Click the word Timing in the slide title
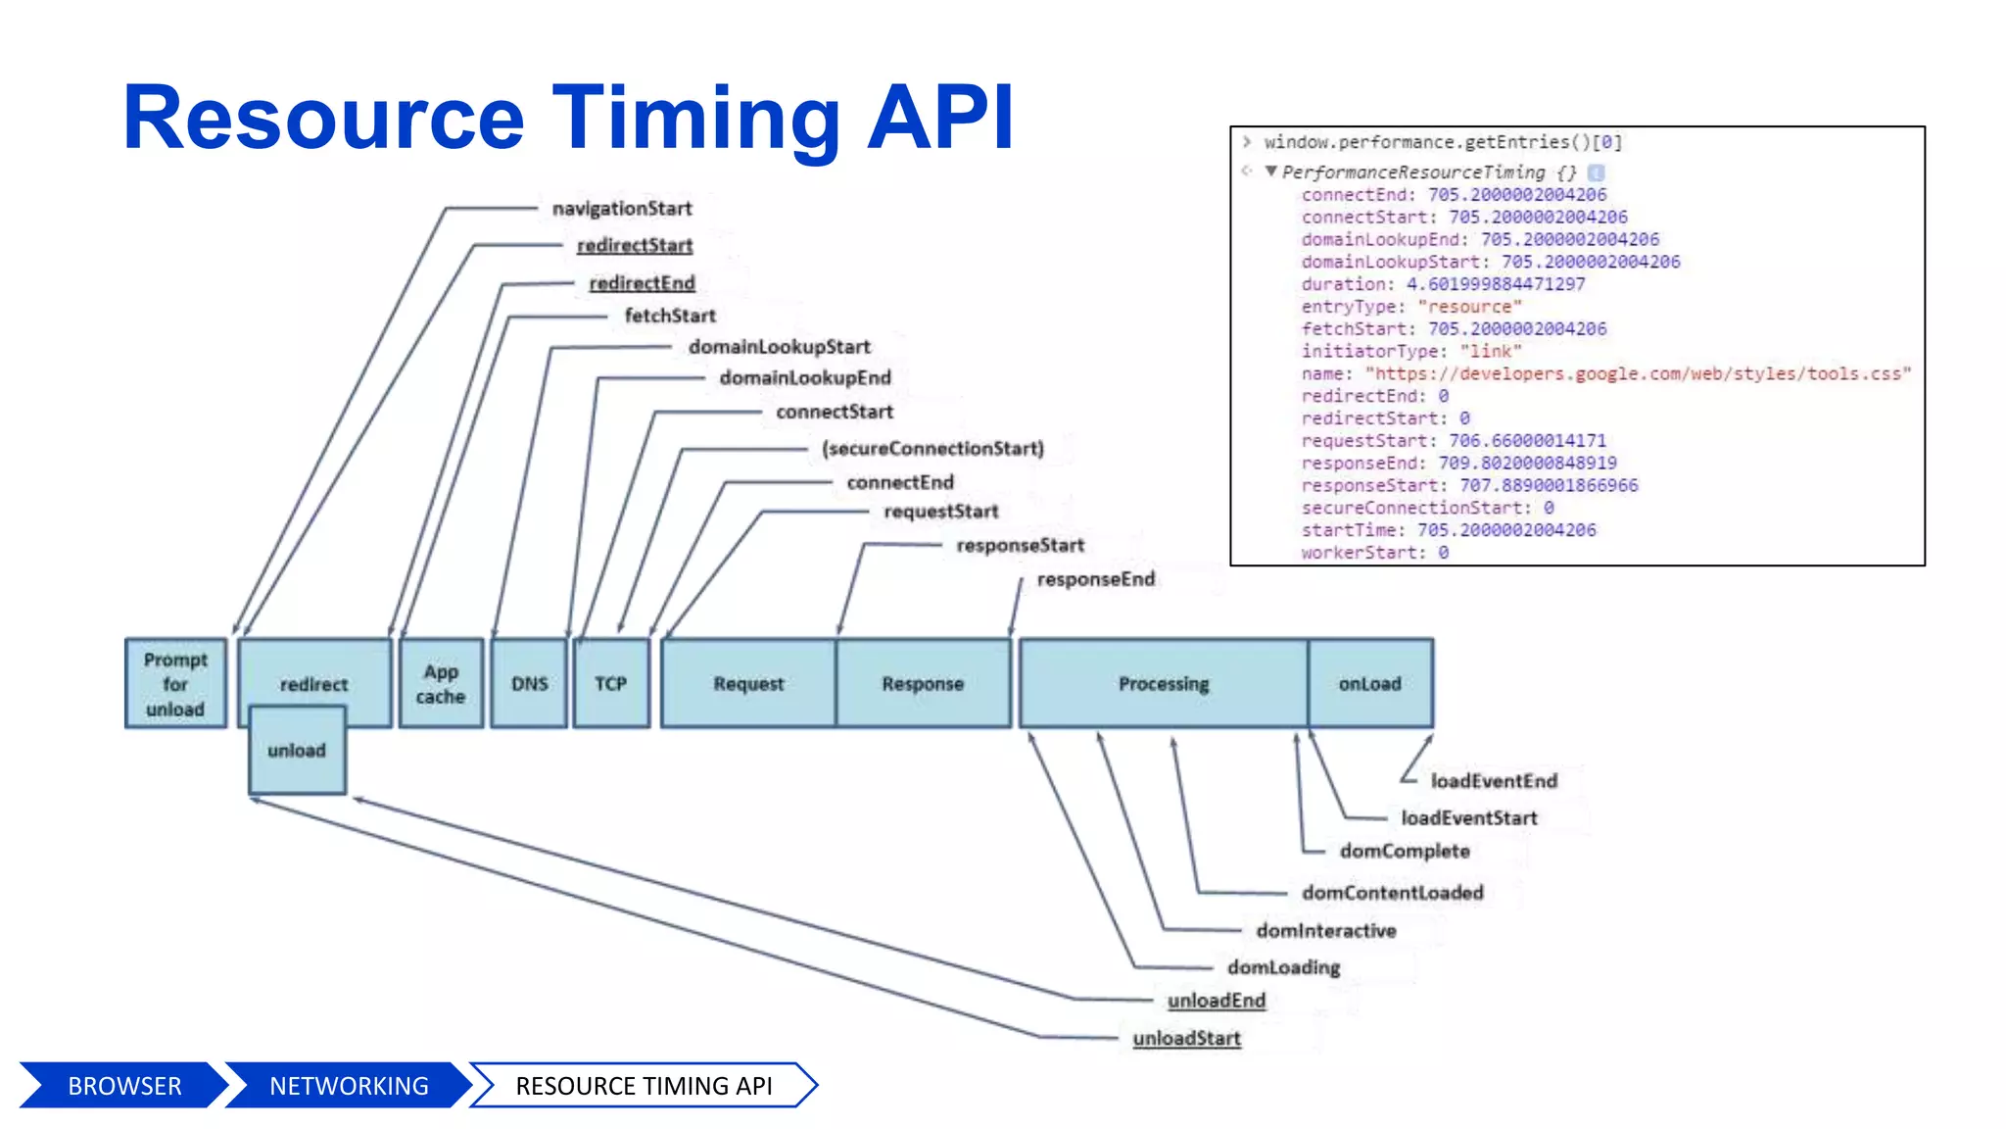point(696,120)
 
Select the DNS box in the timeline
point(529,683)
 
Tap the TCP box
point(611,683)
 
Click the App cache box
point(441,683)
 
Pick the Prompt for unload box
point(175,683)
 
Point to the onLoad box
point(1369,683)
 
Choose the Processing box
point(1163,683)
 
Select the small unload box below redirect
point(297,751)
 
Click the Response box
point(923,683)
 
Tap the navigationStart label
point(622,209)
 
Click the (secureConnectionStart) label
point(932,449)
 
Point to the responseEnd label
point(1096,579)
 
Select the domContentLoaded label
point(1392,893)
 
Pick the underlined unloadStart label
point(1186,1038)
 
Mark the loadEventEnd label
point(1494,781)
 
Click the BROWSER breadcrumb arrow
point(124,1086)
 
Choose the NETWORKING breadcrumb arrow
point(349,1086)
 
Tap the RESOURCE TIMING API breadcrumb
point(644,1086)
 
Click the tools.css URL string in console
point(1638,373)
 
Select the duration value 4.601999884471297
point(1495,284)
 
